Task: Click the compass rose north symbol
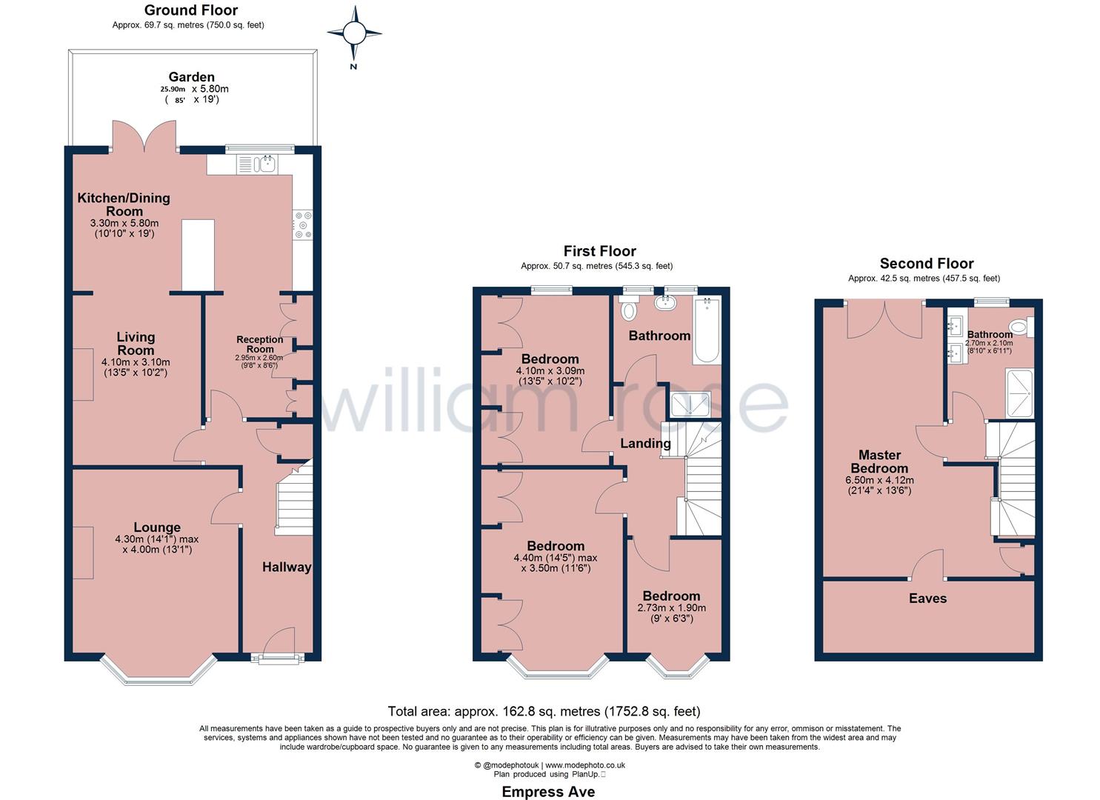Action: tap(354, 33)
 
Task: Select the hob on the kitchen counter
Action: tap(302, 225)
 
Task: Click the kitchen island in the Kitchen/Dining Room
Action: tap(198, 255)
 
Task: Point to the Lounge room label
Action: tap(157, 528)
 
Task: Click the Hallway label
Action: tap(287, 567)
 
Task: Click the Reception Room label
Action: tap(260, 344)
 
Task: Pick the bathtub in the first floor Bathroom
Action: tap(706, 330)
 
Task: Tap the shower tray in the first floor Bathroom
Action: tap(690, 404)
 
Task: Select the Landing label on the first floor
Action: tap(645, 444)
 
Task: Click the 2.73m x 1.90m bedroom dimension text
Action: tap(671, 607)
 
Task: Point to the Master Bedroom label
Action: tap(879, 461)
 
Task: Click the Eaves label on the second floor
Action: tap(927, 598)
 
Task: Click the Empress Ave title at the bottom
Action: tap(548, 792)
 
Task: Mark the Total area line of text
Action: tap(544, 711)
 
